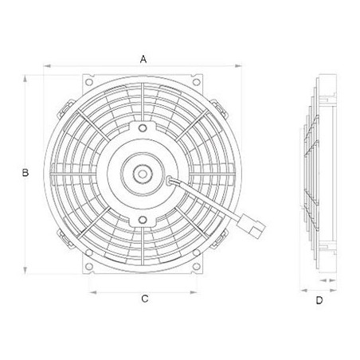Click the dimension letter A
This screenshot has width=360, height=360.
click(x=144, y=58)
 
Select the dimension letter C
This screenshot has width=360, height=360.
click(x=145, y=299)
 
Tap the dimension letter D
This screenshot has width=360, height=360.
click(x=319, y=300)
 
